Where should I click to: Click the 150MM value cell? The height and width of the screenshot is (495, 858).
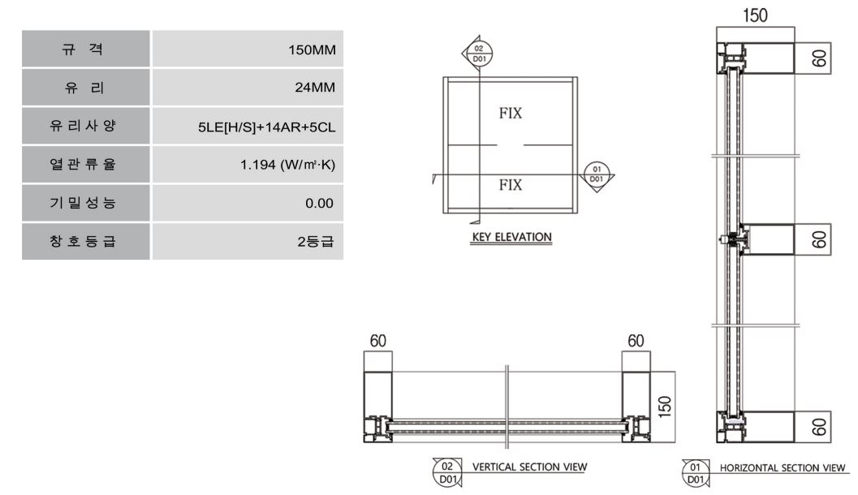pos(248,49)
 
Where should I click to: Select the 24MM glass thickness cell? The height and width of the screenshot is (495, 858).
pos(248,88)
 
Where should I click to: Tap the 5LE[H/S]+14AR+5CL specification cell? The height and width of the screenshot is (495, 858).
pos(248,126)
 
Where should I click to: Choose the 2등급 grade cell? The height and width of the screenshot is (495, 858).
pos(248,241)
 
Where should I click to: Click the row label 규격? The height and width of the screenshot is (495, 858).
pos(83,49)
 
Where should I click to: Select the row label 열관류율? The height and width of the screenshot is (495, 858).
pos(83,165)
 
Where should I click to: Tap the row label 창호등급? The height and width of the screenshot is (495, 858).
pos(83,241)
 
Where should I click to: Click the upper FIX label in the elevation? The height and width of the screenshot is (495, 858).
pos(511,114)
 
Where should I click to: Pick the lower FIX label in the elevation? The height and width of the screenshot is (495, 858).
pos(511,185)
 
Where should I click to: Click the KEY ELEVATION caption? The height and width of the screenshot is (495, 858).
pos(511,238)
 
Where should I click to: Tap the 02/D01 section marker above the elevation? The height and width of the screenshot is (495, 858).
pos(479,54)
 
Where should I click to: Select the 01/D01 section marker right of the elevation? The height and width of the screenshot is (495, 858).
pos(597,174)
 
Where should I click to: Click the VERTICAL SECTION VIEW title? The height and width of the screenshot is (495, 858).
pos(530,467)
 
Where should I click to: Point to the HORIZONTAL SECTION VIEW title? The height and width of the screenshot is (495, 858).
pos(783,468)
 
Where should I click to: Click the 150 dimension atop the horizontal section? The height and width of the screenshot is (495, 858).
pos(755,15)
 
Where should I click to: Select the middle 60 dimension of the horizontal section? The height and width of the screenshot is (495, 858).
pos(819,239)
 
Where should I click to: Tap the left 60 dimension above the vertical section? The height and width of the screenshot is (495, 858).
pos(378,341)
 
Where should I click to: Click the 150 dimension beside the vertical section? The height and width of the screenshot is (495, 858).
pos(664,407)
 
